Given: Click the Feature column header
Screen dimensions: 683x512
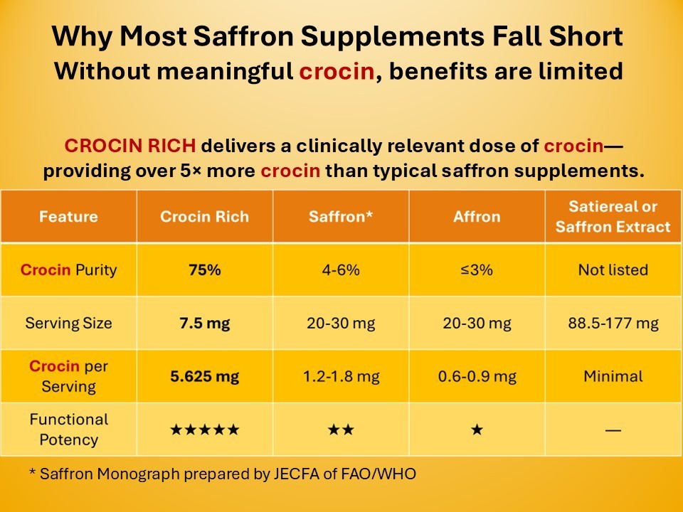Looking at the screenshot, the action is [68, 216].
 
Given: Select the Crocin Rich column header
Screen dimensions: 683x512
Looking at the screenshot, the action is [204, 216].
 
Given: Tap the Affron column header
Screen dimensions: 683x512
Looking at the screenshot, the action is [477, 216].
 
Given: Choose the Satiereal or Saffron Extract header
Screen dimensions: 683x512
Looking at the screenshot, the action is [613, 216].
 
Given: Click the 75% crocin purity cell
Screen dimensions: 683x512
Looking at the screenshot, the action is [205, 270].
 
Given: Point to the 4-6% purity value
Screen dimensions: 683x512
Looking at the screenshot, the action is [341, 270].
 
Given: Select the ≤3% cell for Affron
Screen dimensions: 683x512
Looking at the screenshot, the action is [477, 270].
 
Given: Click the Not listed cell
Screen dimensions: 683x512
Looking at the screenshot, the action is [613, 270].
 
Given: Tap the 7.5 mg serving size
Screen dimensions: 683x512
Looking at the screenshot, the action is [205, 323].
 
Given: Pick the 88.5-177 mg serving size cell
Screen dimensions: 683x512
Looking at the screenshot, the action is [613, 323].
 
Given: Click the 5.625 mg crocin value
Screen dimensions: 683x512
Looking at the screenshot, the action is [205, 376].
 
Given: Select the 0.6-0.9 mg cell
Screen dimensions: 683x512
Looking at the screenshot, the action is [477, 376].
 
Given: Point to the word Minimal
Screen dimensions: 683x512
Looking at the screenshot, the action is [613, 376].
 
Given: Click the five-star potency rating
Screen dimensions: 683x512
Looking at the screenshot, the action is [205, 430].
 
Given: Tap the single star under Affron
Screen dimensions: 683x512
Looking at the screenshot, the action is [477, 430].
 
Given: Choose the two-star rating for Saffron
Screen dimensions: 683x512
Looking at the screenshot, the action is [341, 430].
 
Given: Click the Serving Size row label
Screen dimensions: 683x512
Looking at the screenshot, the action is [68, 323].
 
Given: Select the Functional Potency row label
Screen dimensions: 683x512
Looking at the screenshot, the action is [68, 430].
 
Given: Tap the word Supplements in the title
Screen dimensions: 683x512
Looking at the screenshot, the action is [392, 36].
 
